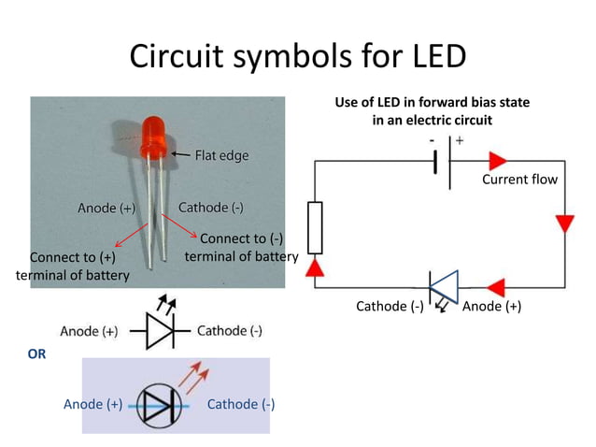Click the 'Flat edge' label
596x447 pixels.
click(x=221, y=155)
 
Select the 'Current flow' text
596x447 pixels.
click(x=518, y=179)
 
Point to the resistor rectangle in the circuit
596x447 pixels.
click(x=315, y=227)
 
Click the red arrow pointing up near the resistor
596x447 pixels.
click(x=315, y=269)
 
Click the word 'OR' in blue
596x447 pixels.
click(x=36, y=354)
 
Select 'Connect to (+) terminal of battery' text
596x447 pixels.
click(x=73, y=267)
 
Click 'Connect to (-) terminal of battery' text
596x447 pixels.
click(x=241, y=247)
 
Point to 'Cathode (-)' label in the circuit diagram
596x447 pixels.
click(x=390, y=306)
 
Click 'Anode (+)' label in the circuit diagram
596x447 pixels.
click(x=491, y=306)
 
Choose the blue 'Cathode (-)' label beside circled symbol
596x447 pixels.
click(x=240, y=404)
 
